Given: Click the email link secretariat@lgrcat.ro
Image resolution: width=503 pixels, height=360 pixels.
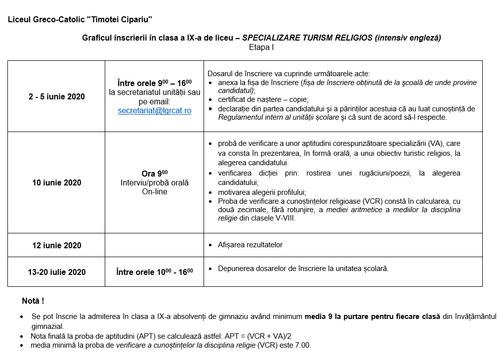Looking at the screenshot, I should click(154, 111).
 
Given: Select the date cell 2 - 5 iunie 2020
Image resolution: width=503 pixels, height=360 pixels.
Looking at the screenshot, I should click(56, 96).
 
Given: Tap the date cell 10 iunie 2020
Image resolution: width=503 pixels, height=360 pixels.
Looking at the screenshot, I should click(56, 182).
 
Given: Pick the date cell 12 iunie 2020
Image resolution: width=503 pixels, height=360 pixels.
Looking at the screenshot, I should click(56, 245).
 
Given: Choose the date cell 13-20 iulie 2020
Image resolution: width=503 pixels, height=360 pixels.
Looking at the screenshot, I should click(56, 272).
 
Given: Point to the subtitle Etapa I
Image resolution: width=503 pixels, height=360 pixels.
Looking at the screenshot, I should click(261, 47).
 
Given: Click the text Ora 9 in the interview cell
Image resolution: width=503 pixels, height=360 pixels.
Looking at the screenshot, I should click(154, 174).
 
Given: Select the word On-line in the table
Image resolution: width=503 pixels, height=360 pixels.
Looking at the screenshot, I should click(154, 192).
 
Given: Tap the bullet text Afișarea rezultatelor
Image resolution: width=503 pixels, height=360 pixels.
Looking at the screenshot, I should click(250, 245).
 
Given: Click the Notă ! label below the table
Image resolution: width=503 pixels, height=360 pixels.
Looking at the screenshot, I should click(33, 301).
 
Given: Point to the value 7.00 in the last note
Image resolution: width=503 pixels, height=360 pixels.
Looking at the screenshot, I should click(302, 345).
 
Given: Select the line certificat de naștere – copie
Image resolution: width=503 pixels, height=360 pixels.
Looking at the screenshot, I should click(263, 99).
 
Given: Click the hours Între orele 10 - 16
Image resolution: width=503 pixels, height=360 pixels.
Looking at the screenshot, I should click(154, 272).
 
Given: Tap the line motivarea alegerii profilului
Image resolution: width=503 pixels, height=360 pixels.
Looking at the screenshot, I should click(262, 192).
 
